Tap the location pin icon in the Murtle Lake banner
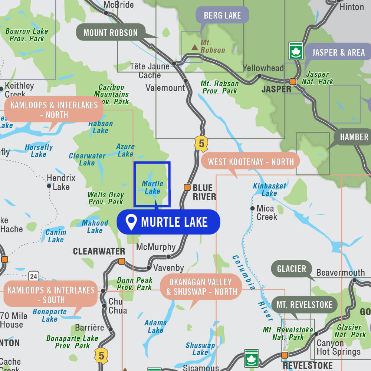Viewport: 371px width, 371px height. [x=131, y=222]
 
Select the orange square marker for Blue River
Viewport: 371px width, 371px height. [x=187, y=187]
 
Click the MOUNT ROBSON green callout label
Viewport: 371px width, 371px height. [x=111, y=33]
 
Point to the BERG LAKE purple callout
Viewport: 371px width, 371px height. [x=222, y=15]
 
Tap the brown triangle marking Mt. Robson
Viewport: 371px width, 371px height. [x=194, y=47]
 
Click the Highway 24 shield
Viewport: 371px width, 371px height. [x=33, y=276]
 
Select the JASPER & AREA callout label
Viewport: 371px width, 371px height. [x=338, y=52]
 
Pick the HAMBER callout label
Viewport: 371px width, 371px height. [x=354, y=137]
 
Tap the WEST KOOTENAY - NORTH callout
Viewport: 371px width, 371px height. [x=250, y=161]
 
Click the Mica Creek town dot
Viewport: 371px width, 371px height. [x=252, y=208]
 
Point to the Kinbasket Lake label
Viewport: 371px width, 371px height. [x=269, y=189]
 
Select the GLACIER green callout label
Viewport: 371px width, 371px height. [x=292, y=268]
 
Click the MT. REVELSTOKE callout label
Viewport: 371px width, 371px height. [x=305, y=305]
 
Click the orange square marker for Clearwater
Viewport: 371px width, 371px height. [x=121, y=261]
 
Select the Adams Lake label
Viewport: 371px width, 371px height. [x=155, y=326]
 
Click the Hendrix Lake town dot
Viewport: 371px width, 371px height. [x=49, y=185]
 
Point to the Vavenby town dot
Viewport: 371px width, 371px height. [x=149, y=267]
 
